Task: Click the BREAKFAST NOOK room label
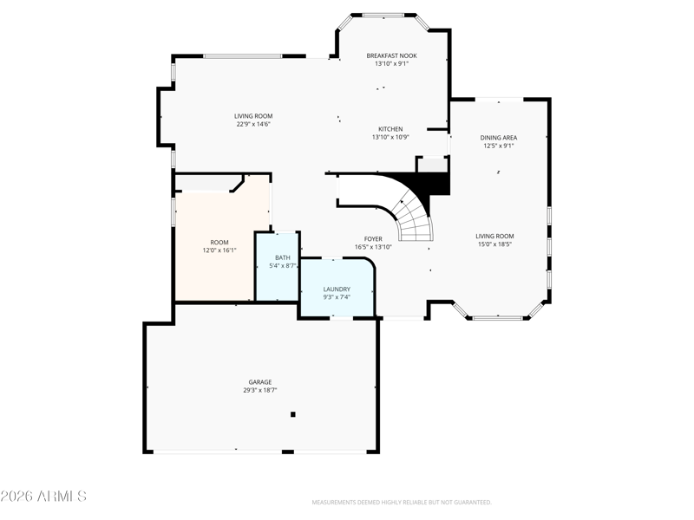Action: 391,55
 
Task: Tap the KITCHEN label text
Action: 390,129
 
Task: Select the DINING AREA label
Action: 498,138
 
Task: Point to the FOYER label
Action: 373,239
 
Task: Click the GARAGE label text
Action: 259,382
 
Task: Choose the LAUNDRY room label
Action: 337,289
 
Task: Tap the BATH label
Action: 283,257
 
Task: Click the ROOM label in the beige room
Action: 219,243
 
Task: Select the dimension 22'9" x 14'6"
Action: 253,124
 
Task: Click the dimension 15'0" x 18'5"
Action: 494,244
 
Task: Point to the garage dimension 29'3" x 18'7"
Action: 259,391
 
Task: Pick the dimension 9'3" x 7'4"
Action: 337,297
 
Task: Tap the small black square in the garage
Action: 292,414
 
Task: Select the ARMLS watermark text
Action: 43,496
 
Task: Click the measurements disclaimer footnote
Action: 402,503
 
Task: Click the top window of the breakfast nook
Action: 383,15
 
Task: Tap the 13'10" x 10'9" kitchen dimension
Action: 390,137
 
